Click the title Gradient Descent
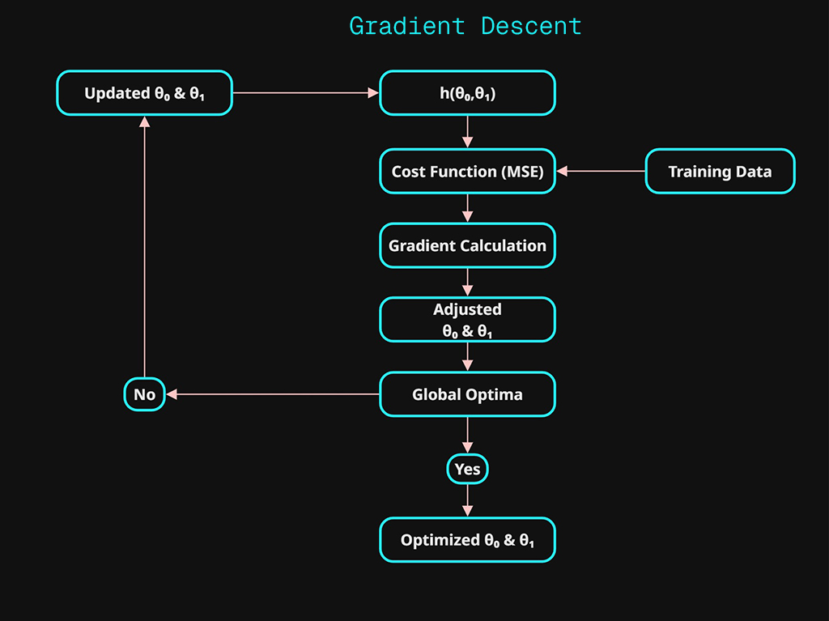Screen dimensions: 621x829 point(465,26)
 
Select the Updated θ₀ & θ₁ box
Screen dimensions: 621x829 point(144,93)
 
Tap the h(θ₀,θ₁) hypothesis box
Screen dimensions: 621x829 point(467,93)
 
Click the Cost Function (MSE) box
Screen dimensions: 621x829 point(467,171)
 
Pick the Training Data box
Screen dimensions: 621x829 point(720,171)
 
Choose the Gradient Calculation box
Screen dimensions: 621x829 point(467,245)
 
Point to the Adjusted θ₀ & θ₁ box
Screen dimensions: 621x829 point(467,320)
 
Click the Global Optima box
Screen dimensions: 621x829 point(467,394)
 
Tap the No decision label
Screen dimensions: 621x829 point(144,395)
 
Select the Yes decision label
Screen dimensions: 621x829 point(467,469)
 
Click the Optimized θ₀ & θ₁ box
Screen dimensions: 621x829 point(467,540)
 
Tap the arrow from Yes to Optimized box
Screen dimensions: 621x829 point(467,500)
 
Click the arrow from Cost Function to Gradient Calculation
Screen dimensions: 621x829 point(467,208)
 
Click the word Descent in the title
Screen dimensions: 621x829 point(531,26)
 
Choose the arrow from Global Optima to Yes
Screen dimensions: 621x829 point(467,436)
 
